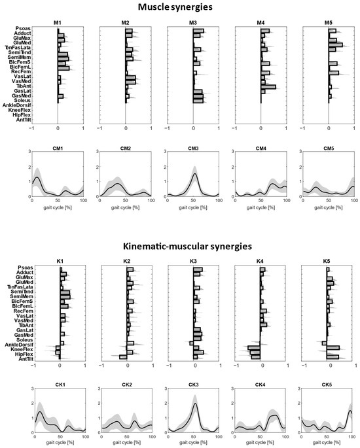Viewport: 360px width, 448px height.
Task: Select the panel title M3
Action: (194, 23)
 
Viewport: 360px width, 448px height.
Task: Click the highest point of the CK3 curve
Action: (194, 404)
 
